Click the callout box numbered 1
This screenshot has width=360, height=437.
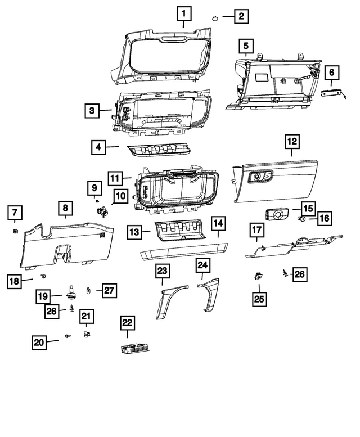click(x=184, y=12)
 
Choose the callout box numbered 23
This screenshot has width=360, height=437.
click(x=163, y=271)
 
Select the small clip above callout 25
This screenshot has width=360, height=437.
click(x=258, y=276)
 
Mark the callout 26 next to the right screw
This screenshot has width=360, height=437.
click(x=300, y=274)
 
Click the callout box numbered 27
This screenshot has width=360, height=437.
click(x=109, y=291)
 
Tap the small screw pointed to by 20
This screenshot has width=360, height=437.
click(x=68, y=336)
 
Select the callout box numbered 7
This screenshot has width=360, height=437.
click(x=14, y=213)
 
